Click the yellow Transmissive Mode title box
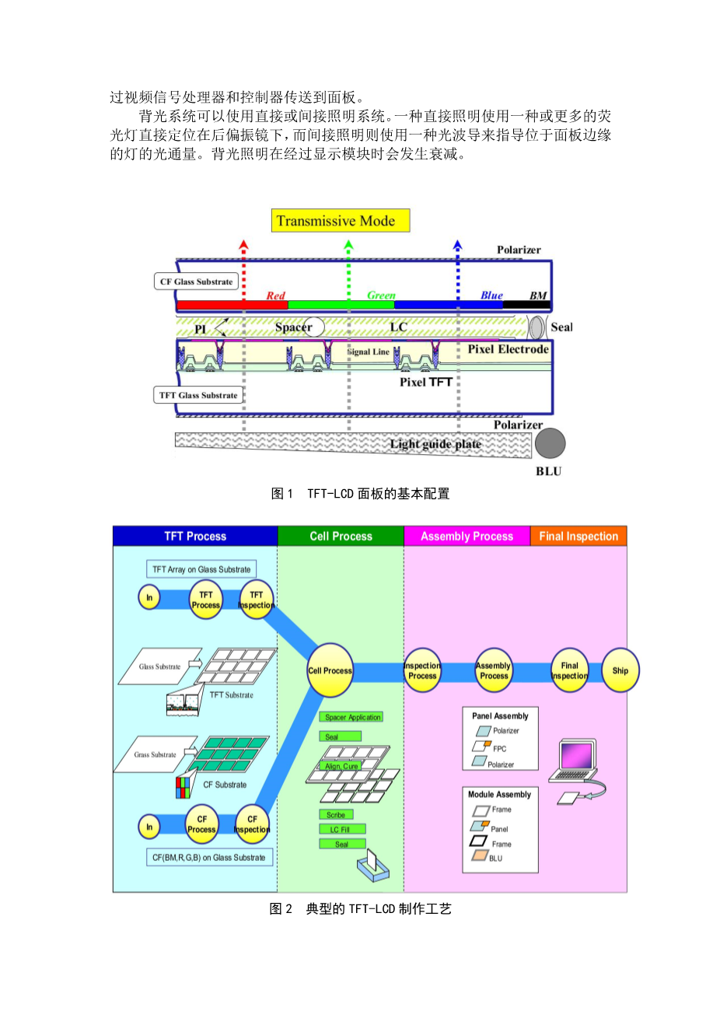tap(341, 221)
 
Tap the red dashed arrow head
tap(243, 246)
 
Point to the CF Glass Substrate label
tap(196, 282)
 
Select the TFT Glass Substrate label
tap(198, 395)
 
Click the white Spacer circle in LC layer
tap(314, 327)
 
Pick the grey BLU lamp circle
tap(550, 444)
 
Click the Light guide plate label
tap(435, 444)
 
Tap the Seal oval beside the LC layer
tap(537, 327)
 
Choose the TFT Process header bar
tap(195, 536)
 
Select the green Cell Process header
tap(341, 536)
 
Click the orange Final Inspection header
tap(578, 536)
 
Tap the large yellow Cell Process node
tap(330, 670)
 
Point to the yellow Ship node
tap(620, 670)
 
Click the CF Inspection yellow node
tap(252, 824)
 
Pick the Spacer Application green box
tap(352, 717)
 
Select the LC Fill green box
tap(341, 829)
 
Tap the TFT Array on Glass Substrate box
tap(201, 569)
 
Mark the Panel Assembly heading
tap(500, 715)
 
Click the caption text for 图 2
tap(360, 908)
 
